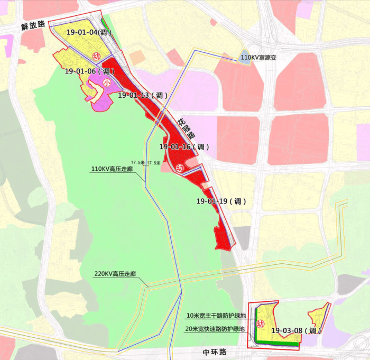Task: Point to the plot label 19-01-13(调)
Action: point(142,95)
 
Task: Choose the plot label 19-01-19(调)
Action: point(221,201)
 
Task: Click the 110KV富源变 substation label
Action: point(260,57)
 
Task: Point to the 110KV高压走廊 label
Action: point(113,169)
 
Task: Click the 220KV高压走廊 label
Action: point(115,274)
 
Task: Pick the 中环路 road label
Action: point(214,352)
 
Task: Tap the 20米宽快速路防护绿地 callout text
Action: point(215,329)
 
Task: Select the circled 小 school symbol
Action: point(106,83)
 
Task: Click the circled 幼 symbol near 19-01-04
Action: point(96,57)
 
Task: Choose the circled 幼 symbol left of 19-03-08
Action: point(260,324)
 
